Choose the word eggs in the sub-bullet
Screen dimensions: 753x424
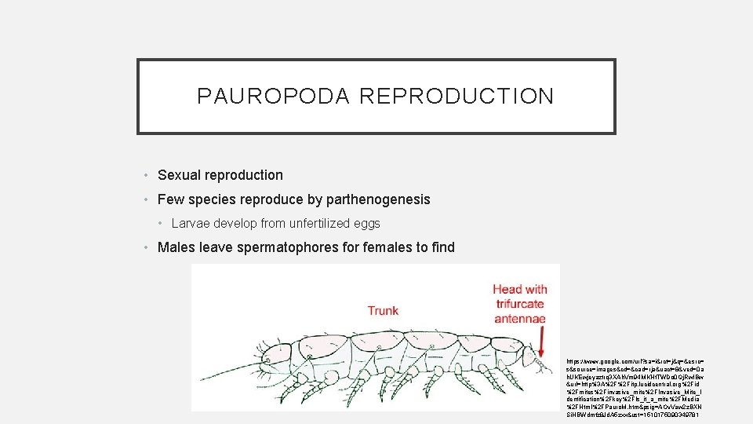[366, 224]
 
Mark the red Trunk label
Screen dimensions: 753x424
[383, 311]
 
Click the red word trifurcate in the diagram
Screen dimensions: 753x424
[518, 304]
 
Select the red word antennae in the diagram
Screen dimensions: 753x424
[519, 318]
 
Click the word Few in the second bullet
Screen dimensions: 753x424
[170, 199]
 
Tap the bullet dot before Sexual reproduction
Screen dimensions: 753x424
[147, 176]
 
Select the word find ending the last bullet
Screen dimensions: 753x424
[443, 247]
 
